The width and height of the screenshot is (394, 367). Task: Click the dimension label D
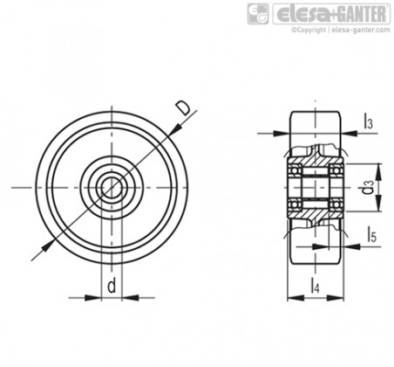184,108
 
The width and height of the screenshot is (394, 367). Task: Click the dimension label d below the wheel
112,286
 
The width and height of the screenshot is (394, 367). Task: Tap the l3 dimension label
368,121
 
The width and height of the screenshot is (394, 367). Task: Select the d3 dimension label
368,187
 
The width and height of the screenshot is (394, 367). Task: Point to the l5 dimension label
371,235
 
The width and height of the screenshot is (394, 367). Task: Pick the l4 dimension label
315,286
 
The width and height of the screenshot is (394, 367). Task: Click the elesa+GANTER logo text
331,14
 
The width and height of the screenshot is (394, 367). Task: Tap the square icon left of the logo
258,14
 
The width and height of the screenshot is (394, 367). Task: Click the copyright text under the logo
341,30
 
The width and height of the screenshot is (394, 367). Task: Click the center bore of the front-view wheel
112,187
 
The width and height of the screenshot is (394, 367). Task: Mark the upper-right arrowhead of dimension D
175,129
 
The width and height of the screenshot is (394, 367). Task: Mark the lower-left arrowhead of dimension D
48,246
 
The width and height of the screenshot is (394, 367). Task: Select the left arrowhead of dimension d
93,298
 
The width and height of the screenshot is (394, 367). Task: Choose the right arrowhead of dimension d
131,298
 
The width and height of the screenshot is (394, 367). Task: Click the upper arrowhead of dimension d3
378,172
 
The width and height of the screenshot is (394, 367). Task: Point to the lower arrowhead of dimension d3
378,203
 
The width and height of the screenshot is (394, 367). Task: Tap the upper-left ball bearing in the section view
295,170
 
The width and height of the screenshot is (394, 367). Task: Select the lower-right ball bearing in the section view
336,204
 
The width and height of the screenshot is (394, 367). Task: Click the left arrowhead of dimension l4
295,298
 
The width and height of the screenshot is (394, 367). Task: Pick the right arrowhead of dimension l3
350,133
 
